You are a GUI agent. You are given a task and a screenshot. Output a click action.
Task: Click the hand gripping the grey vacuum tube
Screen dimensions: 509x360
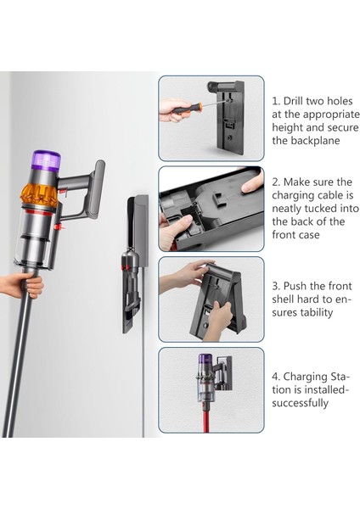coord(31,283)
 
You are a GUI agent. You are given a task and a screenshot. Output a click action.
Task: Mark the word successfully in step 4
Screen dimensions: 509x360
coord(300,403)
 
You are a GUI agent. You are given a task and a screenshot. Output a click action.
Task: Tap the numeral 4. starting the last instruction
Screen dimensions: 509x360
coord(277,376)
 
